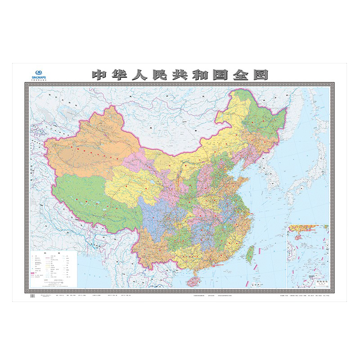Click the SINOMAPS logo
(x=40, y=73)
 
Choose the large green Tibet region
(x=85, y=198)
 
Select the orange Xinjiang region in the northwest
(x=85, y=144)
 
